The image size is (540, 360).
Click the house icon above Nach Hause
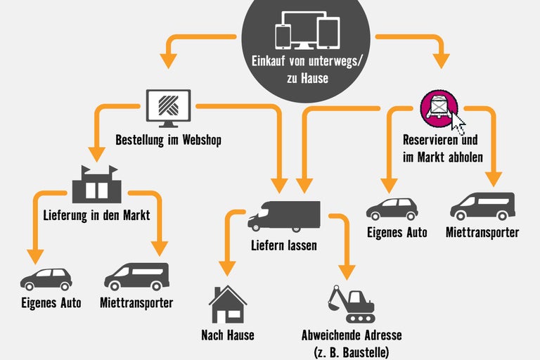228,304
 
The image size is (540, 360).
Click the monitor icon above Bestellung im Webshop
168,107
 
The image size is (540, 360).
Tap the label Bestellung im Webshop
168,140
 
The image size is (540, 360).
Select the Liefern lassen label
284,245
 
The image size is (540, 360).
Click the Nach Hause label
227,335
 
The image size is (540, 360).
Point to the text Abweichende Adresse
352,335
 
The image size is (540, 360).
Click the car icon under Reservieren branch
392,209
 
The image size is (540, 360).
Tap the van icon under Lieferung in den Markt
137,276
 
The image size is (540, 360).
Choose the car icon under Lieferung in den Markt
46,278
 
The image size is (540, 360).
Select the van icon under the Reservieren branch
482,206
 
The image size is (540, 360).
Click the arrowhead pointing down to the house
226,268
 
